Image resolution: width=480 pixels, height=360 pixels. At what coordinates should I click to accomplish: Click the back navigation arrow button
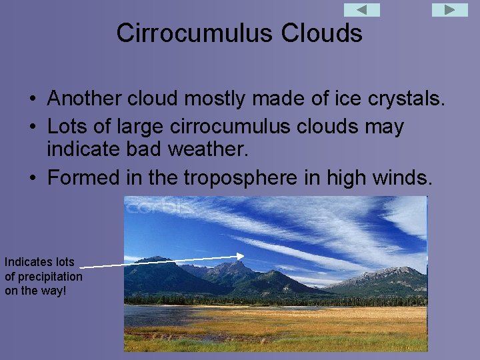pyautogui.click(x=362, y=10)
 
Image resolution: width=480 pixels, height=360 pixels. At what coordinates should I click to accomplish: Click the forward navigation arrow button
pyautogui.click(x=450, y=10)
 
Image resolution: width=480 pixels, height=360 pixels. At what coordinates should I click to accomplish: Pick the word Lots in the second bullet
pyautogui.click(x=65, y=127)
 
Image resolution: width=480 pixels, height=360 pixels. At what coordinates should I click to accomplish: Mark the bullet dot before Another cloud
pyautogui.click(x=32, y=100)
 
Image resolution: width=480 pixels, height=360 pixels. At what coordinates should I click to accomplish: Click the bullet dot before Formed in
pyautogui.click(x=32, y=178)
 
